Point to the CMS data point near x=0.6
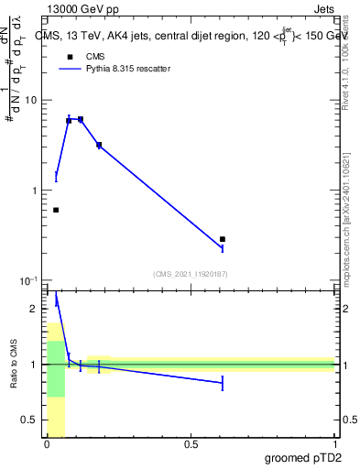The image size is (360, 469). tap(223, 239)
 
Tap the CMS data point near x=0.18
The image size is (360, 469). tap(99, 145)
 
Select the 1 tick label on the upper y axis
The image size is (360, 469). tap(35, 191)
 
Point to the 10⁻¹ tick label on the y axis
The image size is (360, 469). tap(29, 280)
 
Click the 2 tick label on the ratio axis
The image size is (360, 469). tap(35, 309)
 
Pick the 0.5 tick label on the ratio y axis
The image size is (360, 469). tap(30, 420)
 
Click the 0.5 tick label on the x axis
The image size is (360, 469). tap(191, 444)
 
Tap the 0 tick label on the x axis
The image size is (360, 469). tap(47, 444)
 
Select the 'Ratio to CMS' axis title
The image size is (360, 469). tap(13, 365)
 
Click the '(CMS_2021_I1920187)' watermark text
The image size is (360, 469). tap(191, 272)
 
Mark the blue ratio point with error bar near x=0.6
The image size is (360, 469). tap(223, 383)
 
